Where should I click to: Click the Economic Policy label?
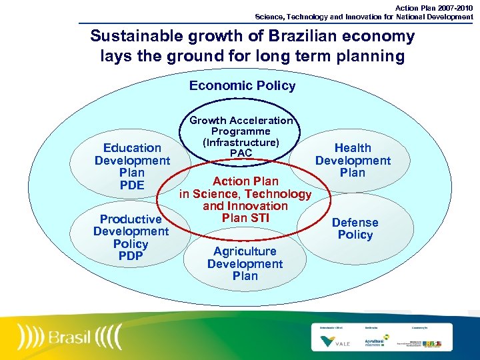pos(242,85)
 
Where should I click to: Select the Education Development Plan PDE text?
pos(132,166)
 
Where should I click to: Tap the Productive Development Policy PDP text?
pos(131,237)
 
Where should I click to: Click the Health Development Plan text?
pos(353,160)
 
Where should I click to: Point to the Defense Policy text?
pos(355,229)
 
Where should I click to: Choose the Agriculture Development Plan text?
pos(245,263)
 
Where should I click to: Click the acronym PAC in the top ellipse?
pos(241,154)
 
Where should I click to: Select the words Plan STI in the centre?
pos(245,218)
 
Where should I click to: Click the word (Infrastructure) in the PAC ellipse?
pos(241,143)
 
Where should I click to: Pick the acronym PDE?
pos(132,185)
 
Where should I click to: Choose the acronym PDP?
pos(131,256)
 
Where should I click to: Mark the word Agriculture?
pos(245,251)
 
